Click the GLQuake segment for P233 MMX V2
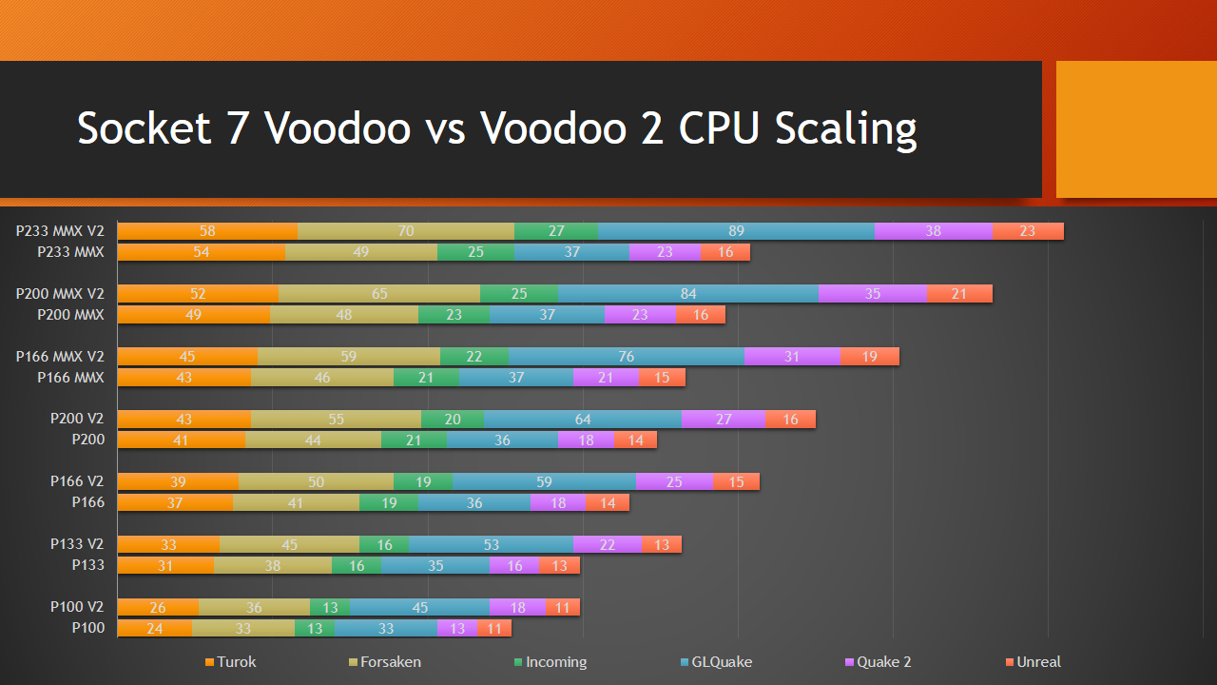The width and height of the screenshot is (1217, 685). pyautogui.click(x=736, y=231)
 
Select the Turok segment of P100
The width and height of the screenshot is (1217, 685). pyautogui.click(x=154, y=628)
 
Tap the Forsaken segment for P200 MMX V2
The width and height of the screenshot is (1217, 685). pyautogui.click(x=379, y=294)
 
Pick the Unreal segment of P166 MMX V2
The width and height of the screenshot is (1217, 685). pyautogui.click(x=869, y=357)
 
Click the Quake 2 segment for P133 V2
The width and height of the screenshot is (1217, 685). pyautogui.click(x=608, y=544)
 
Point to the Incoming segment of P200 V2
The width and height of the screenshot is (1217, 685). pyautogui.click(x=453, y=420)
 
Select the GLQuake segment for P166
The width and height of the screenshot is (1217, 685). pyautogui.click(x=473, y=502)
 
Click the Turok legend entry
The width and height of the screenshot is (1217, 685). pyautogui.click(x=231, y=662)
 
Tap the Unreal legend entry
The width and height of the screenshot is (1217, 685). pyautogui.click(x=1033, y=662)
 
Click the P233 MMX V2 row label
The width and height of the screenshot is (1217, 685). pyautogui.click(x=60, y=231)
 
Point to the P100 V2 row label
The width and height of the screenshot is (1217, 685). pyautogui.click(x=77, y=607)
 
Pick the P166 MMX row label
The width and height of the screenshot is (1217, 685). pyautogui.click(x=70, y=378)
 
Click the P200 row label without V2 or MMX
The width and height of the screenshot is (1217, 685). pyautogui.click(x=87, y=440)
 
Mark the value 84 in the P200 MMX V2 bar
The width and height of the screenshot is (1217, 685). pyautogui.click(x=688, y=294)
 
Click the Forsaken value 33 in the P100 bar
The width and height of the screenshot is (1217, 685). pyautogui.click(x=242, y=628)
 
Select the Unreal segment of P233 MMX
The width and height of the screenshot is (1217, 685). pyautogui.click(x=725, y=252)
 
